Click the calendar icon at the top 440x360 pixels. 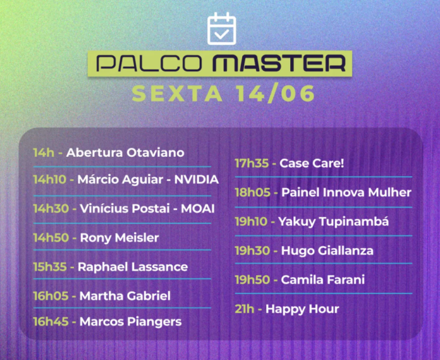coord(221,28)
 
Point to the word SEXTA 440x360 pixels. coord(177,94)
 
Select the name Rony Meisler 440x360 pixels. coord(119,237)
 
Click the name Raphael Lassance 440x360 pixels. coord(133,266)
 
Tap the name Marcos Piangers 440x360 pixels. coord(130,321)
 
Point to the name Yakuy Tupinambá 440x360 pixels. coord(334,221)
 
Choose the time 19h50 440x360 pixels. coord(252,280)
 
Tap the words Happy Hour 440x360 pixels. coord(302,309)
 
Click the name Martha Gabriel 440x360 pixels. coord(125,295)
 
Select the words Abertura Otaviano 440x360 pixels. coord(125,152)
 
